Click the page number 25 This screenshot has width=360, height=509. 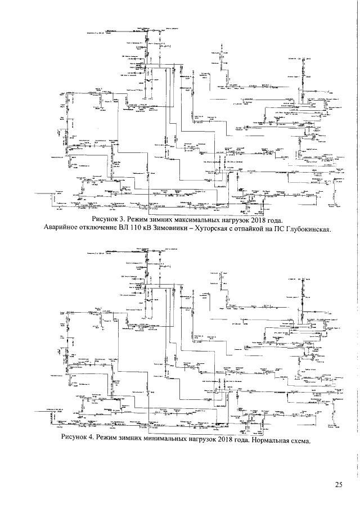[338, 485]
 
